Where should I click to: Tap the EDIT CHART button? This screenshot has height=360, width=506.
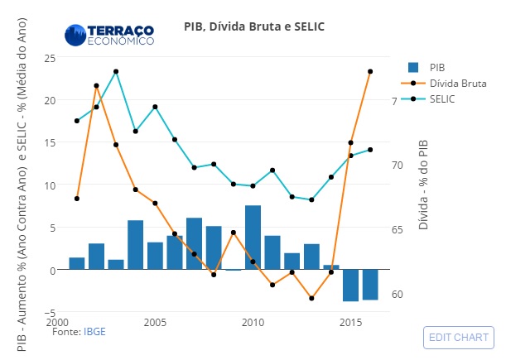[458, 338]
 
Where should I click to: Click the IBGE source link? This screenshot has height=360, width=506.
[94, 331]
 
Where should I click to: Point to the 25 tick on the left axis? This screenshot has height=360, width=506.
[49, 57]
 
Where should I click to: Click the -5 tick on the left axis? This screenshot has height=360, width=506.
[49, 313]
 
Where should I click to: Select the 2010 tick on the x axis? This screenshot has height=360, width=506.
[253, 322]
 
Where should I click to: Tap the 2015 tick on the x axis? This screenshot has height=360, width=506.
[350, 322]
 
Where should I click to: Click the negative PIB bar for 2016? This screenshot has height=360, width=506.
[370, 285]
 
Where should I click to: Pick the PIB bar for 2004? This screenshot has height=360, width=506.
[136, 245]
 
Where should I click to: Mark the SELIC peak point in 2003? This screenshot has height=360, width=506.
[116, 72]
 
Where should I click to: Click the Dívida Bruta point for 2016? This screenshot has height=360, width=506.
[370, 72]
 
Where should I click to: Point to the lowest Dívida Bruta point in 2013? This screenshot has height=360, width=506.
[311, 298]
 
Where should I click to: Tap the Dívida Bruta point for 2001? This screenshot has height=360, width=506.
[77, 199]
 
